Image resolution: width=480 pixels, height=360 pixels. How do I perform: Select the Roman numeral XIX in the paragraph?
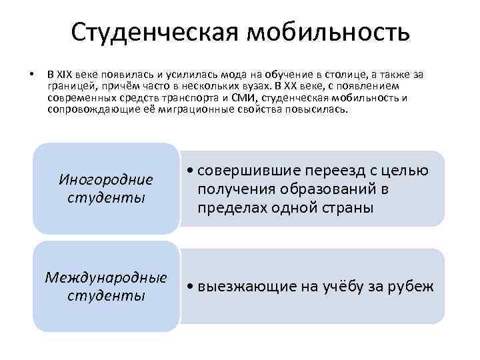point(65,74)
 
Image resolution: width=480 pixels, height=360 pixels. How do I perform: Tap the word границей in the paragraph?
point(69,86)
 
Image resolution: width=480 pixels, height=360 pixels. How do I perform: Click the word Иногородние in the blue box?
point(106,180)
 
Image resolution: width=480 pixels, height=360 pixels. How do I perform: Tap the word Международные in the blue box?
point(106,277)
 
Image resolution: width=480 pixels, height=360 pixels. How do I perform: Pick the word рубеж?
point(414,287)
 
